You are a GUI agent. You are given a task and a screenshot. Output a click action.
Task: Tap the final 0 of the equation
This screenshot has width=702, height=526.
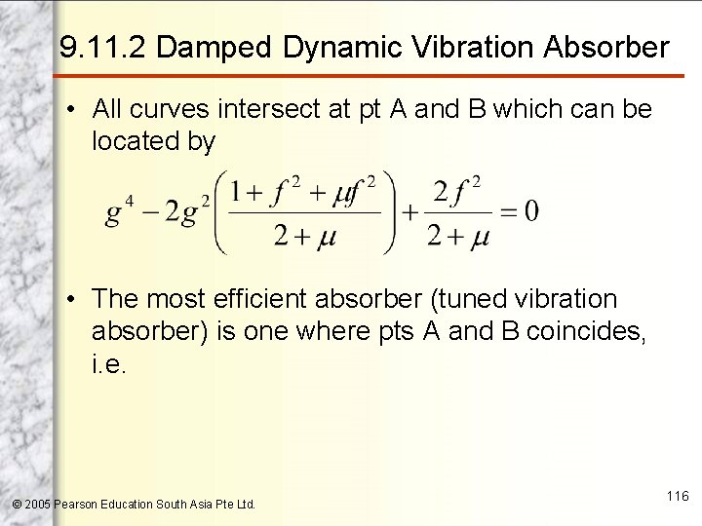click(531, 210)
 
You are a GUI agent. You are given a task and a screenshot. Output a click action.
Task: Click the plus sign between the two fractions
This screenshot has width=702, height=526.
click(409, 210)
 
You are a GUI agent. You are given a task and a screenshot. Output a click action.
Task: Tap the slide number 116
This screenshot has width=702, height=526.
click(678, 496)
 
